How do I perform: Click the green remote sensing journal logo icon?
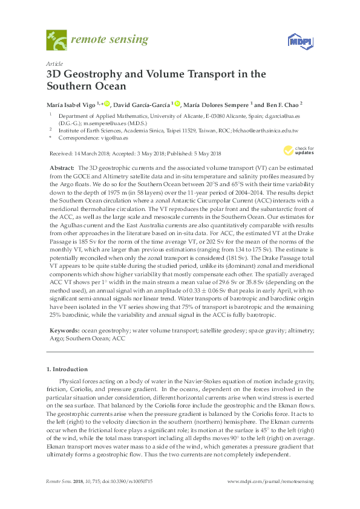[56, 42]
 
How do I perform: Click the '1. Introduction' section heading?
[67, 369]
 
